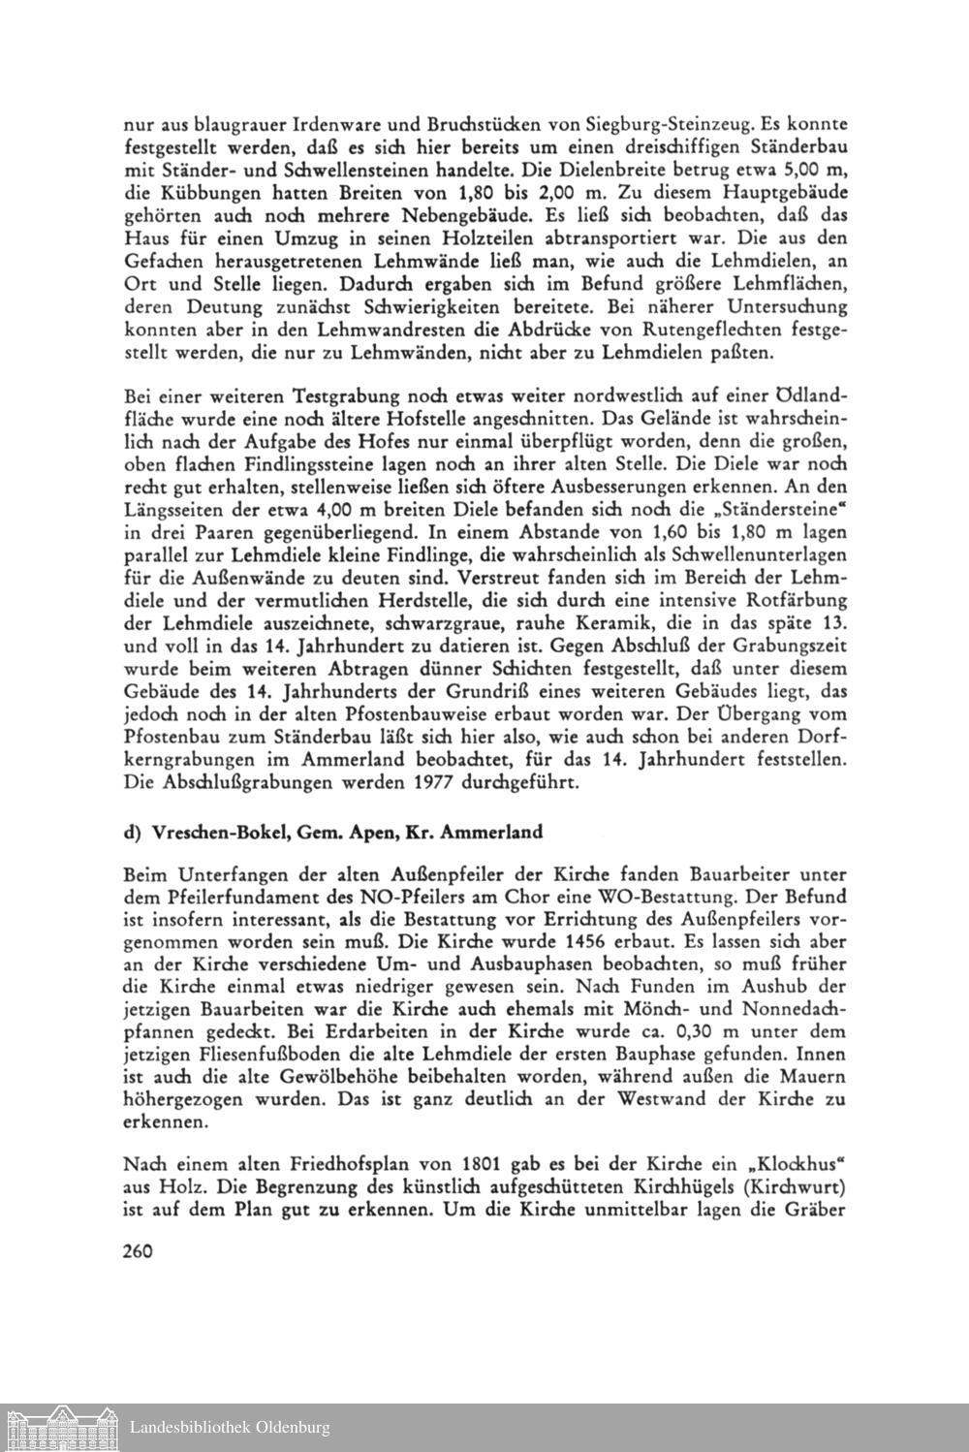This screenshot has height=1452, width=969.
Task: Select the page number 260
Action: click(140, 1250)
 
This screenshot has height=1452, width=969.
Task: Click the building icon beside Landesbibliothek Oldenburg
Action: click(62, 1426)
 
